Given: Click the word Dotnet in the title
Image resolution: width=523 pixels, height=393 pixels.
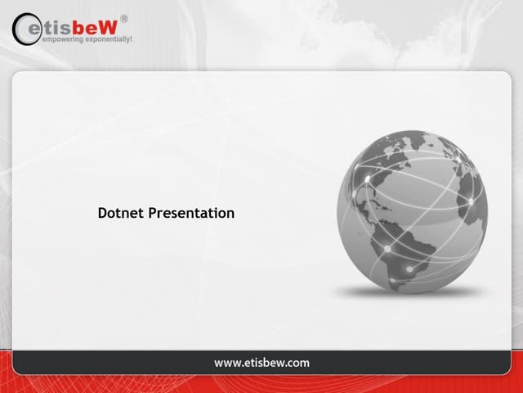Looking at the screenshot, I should (120, 213).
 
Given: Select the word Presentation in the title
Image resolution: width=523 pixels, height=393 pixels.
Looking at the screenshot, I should (191, 213).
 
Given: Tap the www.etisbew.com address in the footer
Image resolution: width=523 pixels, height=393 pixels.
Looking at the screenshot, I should (261, 362).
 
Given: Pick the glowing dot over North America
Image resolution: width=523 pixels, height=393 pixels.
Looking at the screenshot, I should (368, 178).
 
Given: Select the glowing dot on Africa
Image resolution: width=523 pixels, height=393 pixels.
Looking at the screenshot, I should (471, 201).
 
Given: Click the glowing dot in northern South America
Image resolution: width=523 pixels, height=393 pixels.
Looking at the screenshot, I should (387, 248).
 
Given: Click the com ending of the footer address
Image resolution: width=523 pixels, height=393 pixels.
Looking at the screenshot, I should (297, 362).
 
